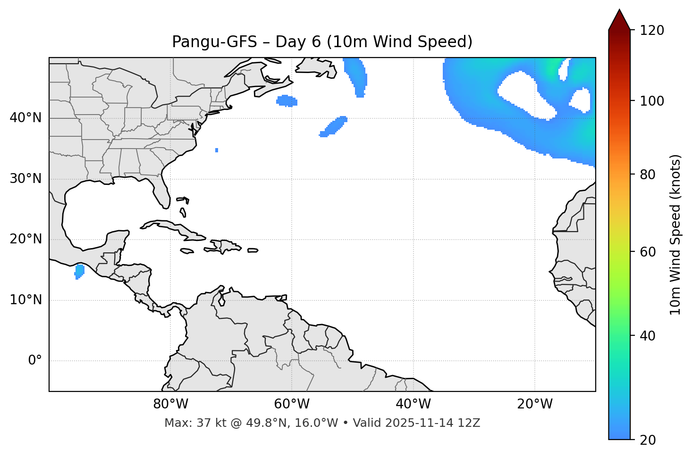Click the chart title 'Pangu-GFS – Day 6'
[322, 42]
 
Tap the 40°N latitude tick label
[25, 118]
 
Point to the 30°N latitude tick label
[25, 179]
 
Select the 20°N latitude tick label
[25, 239]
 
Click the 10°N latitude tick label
[25, 300]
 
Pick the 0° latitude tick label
[35, 361]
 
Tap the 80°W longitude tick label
[170, 404]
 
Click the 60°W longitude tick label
[292, 404]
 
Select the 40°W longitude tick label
[413, 404]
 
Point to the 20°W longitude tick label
[535, 404]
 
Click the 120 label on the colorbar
[651, 31]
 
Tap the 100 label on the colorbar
[651, 101]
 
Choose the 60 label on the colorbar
[648, 252]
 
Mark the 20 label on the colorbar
[648, 440]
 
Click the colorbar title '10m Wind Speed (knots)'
[675, 235]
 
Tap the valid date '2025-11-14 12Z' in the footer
[432, 423]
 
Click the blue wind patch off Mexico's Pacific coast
[79, 271]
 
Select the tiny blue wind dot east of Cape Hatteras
[217, 150]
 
